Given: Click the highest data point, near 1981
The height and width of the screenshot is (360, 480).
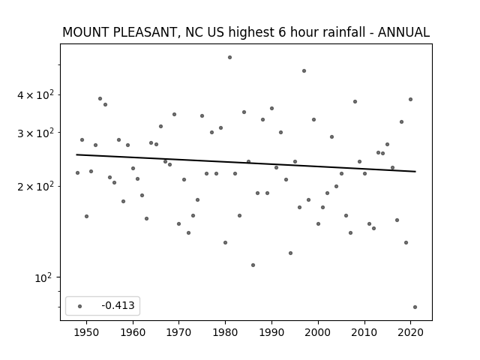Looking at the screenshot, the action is pos(230,58).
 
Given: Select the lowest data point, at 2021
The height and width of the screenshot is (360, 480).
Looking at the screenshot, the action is pos(415,307).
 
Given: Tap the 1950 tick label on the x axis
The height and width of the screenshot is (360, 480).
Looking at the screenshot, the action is pos(87,332).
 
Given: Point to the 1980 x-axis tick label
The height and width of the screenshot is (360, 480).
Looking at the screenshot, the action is pos(225,332).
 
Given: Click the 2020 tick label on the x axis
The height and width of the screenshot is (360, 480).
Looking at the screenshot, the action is pos(410,332).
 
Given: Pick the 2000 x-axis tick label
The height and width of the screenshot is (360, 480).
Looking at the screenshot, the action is pos(318,332).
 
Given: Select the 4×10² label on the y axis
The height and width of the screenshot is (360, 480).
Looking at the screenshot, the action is pos(35,94).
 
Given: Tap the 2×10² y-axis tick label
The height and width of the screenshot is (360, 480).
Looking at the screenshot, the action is pos(35,186).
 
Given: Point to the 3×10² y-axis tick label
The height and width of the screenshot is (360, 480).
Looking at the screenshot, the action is pos(35,133).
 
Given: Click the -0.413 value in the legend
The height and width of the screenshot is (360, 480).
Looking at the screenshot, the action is pos(118,305).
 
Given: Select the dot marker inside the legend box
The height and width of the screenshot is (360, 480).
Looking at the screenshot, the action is pos(80,306).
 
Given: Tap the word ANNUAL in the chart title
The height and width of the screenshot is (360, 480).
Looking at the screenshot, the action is pos(403,32).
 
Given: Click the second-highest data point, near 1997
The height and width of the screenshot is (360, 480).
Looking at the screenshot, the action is pos(304,71).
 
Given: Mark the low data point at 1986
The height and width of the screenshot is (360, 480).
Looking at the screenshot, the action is pos(253,265).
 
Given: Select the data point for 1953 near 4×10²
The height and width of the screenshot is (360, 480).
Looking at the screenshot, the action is pos(100,98).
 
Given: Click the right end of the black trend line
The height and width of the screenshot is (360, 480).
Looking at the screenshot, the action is pos(415,172).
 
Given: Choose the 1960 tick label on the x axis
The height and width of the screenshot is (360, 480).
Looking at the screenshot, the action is pos(133,332).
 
